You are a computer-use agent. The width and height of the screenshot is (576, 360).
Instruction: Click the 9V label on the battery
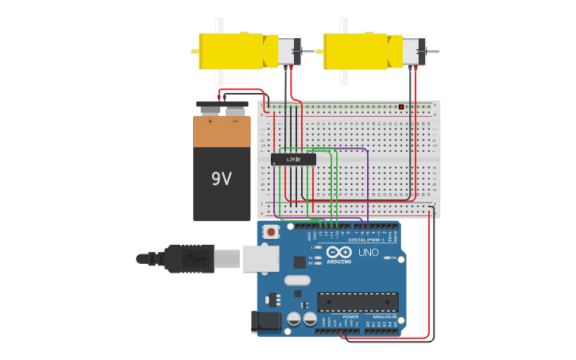(222, 179)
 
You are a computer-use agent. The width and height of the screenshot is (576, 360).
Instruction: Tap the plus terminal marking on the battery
(210, 122)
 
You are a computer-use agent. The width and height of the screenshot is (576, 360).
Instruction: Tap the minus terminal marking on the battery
(234, 122)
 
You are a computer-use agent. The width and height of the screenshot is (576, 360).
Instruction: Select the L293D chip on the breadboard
(293, 160)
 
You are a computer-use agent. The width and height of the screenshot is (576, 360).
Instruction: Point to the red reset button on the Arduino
(272, 232)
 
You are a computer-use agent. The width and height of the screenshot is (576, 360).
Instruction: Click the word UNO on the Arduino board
(369, 252)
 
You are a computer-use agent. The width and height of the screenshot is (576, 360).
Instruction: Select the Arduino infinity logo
(338, 252)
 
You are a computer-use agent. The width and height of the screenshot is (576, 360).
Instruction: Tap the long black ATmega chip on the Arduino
(358, 302)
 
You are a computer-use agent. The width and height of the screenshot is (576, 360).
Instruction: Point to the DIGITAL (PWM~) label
(368, 239)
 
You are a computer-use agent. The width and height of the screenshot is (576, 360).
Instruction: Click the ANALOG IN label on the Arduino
(385, 316)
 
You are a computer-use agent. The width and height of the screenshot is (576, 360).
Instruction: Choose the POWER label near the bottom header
(350, 316)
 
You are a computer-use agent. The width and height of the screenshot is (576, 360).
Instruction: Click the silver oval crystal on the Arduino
(297, 280)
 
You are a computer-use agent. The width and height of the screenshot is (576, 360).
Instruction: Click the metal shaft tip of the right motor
(435, 52)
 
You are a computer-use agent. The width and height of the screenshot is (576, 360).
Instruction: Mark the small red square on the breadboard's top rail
(401, 106)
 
